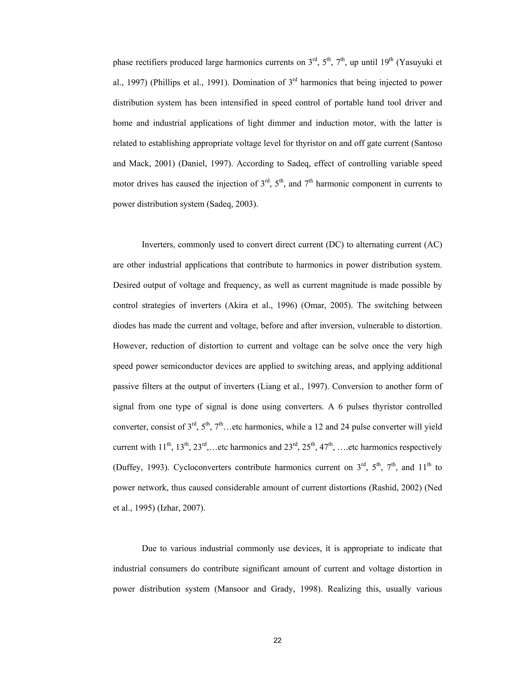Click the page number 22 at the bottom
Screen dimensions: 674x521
point(278,641)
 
